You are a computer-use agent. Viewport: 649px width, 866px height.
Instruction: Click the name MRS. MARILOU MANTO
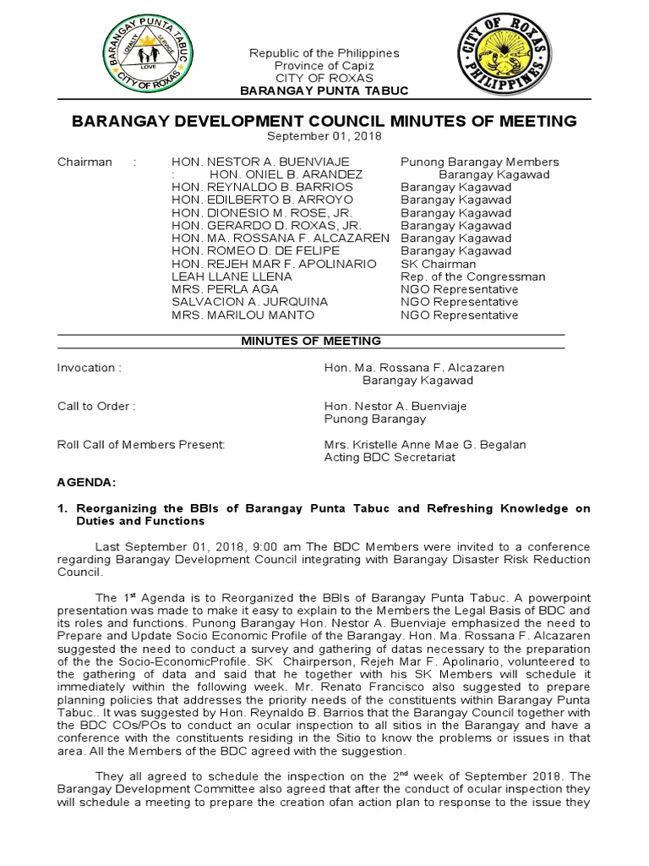tap(231, 315)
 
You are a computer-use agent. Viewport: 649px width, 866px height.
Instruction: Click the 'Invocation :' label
tap(89, 368)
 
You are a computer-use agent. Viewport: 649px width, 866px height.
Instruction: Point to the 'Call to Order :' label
tap(95, 406)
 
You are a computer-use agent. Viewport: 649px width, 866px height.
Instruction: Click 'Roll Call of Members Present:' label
tap(140, 444)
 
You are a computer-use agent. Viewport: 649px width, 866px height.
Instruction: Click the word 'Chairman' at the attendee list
tap(85, 162)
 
